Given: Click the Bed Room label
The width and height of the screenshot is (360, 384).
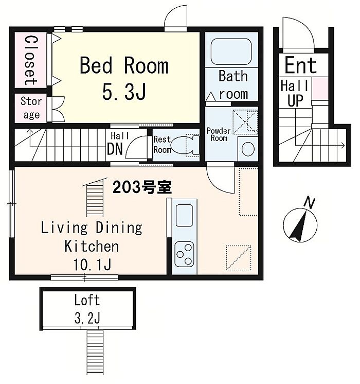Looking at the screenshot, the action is point(124,65).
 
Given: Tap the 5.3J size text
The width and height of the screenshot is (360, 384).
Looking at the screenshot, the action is point(124,91).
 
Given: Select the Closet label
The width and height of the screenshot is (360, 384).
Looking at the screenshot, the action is point(31,60).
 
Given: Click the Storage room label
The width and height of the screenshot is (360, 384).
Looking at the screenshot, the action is point(31,108).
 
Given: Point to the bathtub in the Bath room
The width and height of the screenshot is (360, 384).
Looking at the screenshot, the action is point(231,51).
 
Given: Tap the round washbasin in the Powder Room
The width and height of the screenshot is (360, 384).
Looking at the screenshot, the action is point(248,148).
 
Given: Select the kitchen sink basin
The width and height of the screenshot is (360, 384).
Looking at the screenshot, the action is point(184,215).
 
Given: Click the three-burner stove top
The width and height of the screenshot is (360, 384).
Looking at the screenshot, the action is point(184,254).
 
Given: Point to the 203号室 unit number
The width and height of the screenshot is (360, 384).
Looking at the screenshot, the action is point(142,187).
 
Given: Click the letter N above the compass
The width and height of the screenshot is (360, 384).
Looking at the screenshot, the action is point(309,203).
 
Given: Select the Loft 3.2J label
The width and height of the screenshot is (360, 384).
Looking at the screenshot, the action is point(87,309).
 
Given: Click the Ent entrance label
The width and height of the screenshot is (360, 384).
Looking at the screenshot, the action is point(300,65).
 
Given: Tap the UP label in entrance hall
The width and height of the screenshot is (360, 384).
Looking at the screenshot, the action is point(295,100).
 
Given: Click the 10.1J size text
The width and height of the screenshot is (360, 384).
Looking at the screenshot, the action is point(92,264).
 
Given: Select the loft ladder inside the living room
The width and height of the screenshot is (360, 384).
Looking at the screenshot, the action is point(95,197).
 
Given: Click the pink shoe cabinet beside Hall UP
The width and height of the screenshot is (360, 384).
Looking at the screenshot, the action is point(320,89).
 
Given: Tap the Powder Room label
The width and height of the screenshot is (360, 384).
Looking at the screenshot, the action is point(219,134).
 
